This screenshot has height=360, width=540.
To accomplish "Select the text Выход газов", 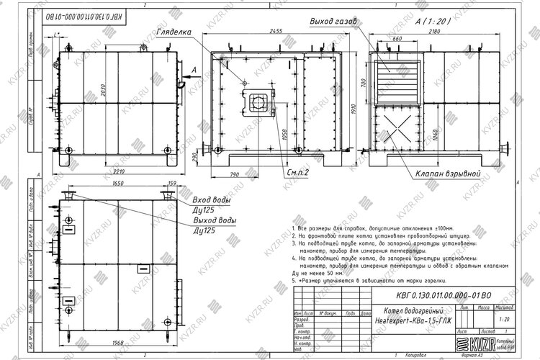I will tap(332, 22).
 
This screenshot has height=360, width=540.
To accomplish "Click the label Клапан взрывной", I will tap(446, 174).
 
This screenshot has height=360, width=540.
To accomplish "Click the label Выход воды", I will tap(215, 220).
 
